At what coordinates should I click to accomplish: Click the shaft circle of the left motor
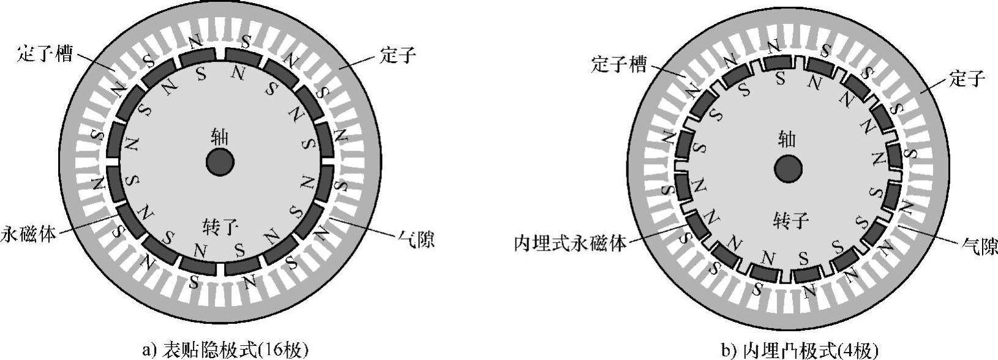click(x=220, y=163)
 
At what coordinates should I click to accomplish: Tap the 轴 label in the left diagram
click(x=219, y=137)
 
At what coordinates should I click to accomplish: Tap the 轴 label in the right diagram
click(x=787, y=140)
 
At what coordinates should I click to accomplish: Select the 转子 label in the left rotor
click(x=219, y=228)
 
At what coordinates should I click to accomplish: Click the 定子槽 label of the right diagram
click(x=618, y=64)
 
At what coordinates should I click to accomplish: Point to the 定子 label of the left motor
click(x=397, y=56)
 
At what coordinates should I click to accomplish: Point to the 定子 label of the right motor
click(x=966, y=78)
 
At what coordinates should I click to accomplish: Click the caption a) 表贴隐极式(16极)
click(x=225, y=350)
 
